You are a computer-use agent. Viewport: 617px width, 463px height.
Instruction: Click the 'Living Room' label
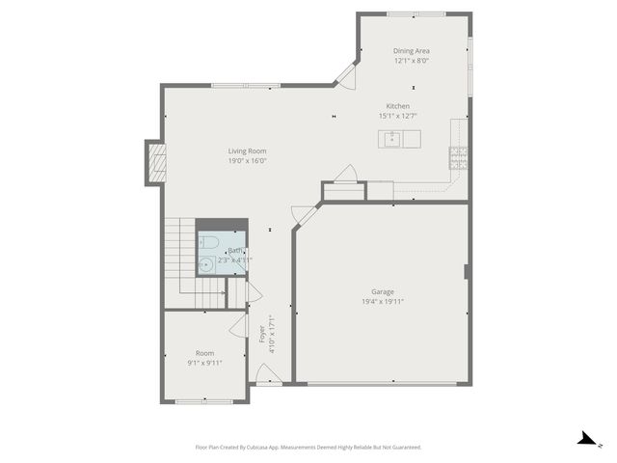click(247, 150)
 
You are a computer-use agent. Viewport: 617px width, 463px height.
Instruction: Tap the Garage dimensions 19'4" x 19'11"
click(376, 301)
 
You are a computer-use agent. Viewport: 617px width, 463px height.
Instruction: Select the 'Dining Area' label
click(411, 50)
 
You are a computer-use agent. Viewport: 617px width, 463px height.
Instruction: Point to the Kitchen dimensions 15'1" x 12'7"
click(398, 116)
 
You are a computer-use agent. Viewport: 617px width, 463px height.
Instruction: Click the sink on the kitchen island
click(392, 139)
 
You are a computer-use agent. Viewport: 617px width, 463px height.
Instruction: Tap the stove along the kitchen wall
click(458, 157)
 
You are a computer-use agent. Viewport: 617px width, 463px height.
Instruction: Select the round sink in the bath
click(205, 263)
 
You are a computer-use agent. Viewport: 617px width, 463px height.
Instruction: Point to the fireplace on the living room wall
click(155, 163)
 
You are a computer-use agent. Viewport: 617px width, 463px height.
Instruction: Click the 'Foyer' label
click(261, 334)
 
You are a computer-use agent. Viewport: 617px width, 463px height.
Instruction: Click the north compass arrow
click(584, 439)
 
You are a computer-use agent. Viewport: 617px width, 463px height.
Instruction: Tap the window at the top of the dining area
click(415, 14)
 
